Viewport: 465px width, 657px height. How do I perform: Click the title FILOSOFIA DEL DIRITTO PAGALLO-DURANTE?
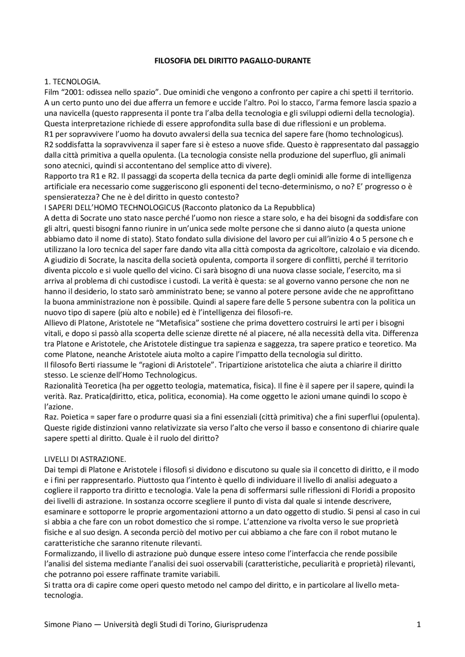click(232, 61)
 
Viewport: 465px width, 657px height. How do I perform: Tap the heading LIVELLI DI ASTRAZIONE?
click(85, 459)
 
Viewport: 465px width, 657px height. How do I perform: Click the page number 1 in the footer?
click(418, 624)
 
